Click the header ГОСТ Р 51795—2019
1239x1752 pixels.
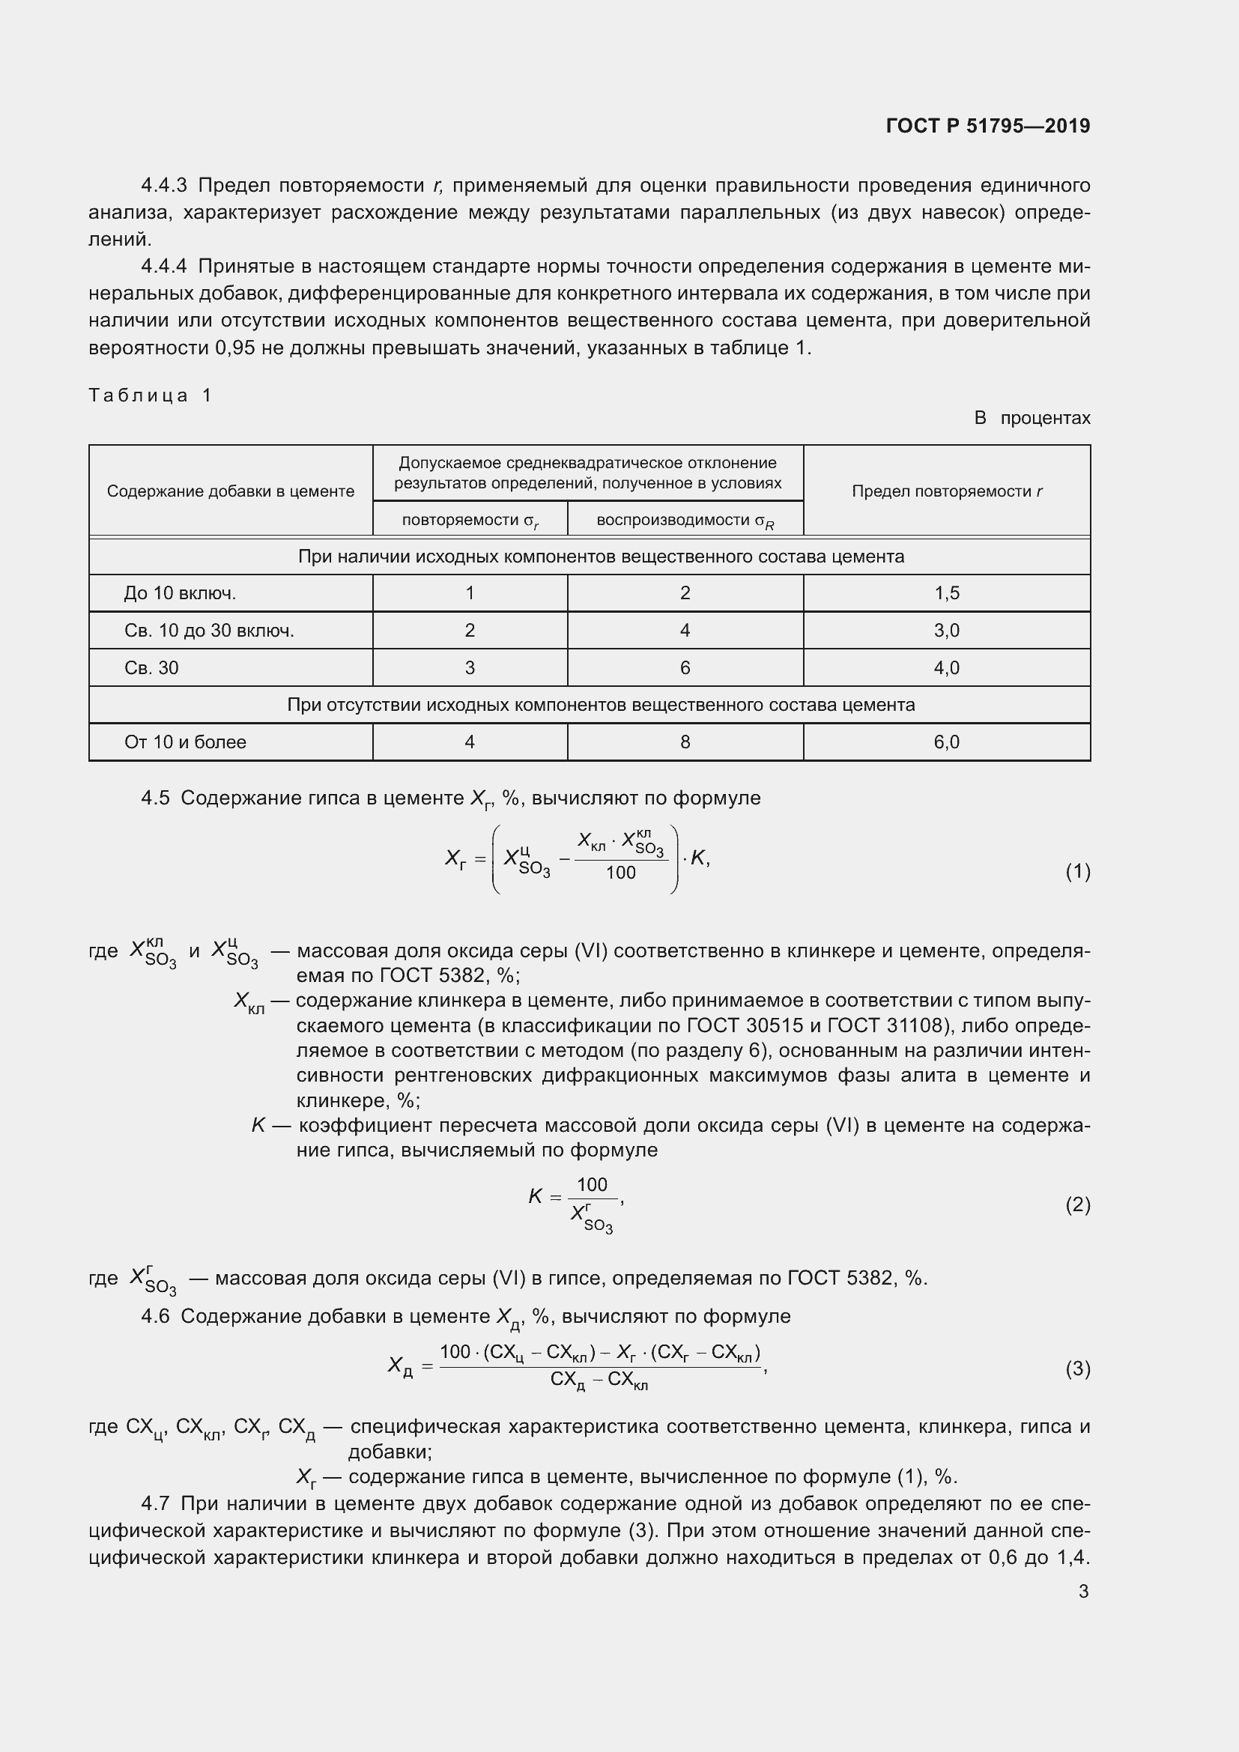tap(988, 126)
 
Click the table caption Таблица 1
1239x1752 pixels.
tap(151, 395)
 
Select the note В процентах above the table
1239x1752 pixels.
tap(1032, 418)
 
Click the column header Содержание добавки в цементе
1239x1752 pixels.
tap(231, 491)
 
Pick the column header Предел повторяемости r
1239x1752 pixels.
tap(947, 491)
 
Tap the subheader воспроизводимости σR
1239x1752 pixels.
tap(685, 521)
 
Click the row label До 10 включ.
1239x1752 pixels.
tap(180, 593)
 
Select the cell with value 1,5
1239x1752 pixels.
tap(947, 593)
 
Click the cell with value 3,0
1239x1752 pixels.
tap(947, 630)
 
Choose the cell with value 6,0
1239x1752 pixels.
tap(947, 742)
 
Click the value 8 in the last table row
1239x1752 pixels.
tap(685, 742)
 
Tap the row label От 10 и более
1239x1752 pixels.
tap(185, 742)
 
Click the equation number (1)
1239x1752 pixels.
tap(1077, 871)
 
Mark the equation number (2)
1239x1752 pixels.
tap(1077, 1205)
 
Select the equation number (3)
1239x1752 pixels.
tap(1077, 1368)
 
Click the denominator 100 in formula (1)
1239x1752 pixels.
tap(620, 873)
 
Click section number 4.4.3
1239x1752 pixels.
tap(164, 186)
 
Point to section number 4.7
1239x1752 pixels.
tap(155, 1503)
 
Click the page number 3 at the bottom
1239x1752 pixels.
tap(1083, 1591)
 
